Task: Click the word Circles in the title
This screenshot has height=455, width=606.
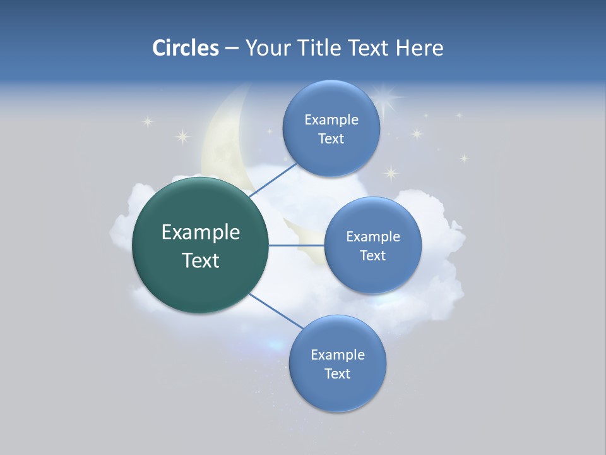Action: pos(185,48)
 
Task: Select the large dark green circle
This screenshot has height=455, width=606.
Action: pos(200,245)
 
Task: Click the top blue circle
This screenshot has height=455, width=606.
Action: pos(331,128)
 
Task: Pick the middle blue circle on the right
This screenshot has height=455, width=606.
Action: pos(372,245)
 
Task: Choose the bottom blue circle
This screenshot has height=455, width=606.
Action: pos(337,363)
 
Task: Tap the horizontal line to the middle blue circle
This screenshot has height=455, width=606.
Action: pos(296,245)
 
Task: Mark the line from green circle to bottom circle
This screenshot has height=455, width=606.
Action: pos(275,311)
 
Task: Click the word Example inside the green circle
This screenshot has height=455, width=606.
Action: pos(200,233)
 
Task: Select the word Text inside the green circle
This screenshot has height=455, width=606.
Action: pos(200,260)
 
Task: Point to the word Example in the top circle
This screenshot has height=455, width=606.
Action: pos(331,119)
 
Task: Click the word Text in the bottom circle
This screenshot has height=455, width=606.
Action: pos(337,373)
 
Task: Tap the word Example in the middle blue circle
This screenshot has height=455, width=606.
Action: pos(372,236)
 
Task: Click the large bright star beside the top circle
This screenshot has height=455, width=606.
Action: pos(386,97)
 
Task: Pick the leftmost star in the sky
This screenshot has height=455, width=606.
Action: pos(148,121)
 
